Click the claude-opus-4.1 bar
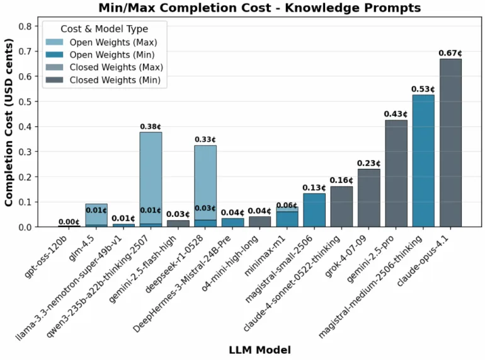click(x=450, y=142)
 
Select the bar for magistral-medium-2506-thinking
click(x=423, y=161)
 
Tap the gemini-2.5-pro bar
click(x=396, y=173)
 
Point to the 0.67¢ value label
click(x=450, y=53)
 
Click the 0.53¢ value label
click(x=423, y=89)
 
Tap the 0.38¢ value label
click(x=151, y=126)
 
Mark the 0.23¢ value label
click(x=368, y=163)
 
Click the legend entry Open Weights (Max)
click(x=113, y=42)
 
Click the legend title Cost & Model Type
click(x=104, y=29)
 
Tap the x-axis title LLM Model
click(x=260, y=349)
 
